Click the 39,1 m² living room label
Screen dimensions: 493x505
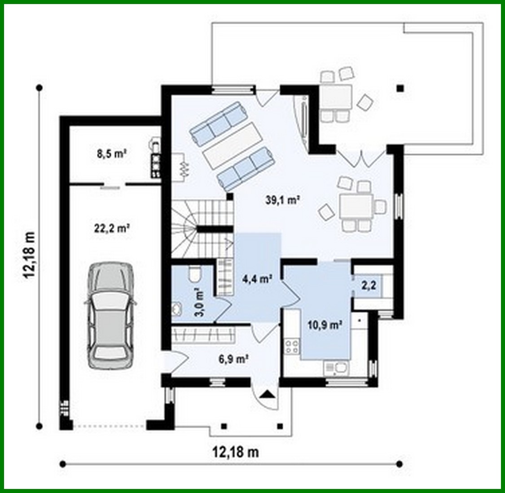(x=281, y=200)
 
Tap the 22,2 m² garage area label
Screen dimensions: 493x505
(x=112, y=229)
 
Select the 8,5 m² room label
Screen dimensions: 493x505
(x=111, y=154)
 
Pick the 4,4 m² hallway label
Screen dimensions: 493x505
(x=258, y=279)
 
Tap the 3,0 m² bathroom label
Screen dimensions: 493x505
(x=199, y=304)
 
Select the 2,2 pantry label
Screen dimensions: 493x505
(x=369, y=285)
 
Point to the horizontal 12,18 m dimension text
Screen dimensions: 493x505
(x=235, y=451)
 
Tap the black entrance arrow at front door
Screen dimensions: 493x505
(x=268, y=395)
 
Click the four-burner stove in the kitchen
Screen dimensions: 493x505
(x=292, y=346)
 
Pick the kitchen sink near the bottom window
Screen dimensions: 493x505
(x=336, y=368)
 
